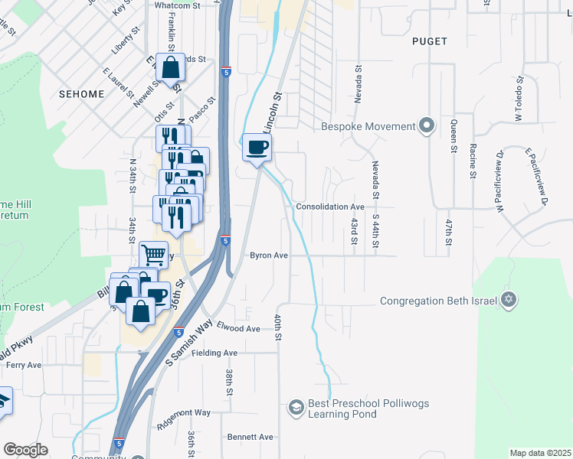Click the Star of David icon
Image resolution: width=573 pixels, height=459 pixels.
coord(507,301)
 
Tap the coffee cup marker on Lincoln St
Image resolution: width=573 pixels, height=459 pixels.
coord(257,146)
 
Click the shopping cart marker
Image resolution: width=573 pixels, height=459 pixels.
coord(153,253)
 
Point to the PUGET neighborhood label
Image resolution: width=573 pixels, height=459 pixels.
coord(429,41)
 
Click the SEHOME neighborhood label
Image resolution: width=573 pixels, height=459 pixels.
coord(81,93)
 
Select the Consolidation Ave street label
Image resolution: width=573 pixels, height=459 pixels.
coord(329,207)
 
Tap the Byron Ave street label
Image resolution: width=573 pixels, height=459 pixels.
coord(268,256)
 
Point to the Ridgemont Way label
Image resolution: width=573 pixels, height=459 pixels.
coord(183,412)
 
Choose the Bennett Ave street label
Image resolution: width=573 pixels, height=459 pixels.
coord(250,437)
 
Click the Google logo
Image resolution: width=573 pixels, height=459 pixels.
coord(26,450)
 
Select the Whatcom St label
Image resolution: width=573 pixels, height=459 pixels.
coord(176,5)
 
